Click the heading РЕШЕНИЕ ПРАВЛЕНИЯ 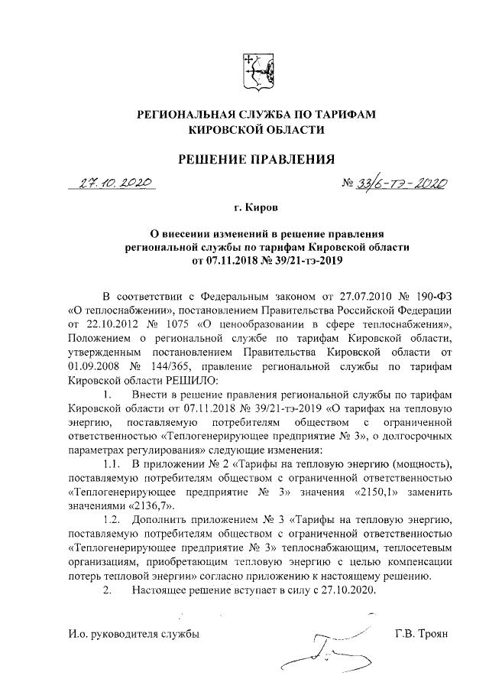click(257, 160)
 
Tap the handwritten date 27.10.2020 click(113, 185)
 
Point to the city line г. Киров click(257, 207)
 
